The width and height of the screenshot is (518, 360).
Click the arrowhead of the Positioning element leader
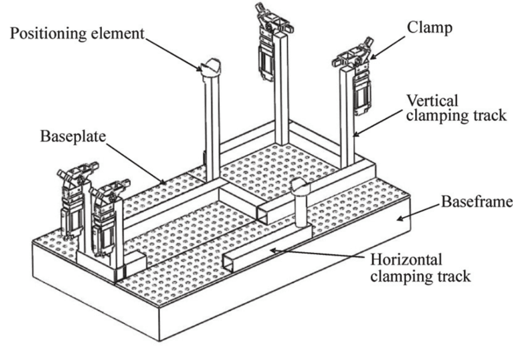pos(201,69)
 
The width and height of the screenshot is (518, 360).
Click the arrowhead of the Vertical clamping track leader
pos(354,134)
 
